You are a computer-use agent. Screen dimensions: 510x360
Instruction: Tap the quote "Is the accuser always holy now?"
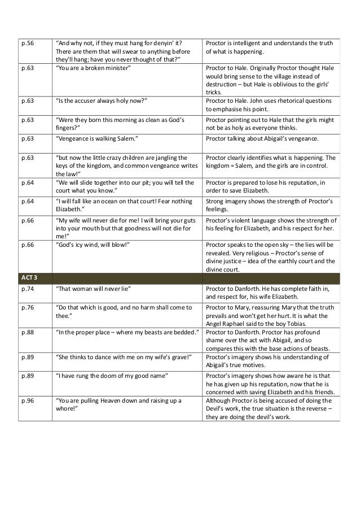click(102, 101)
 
